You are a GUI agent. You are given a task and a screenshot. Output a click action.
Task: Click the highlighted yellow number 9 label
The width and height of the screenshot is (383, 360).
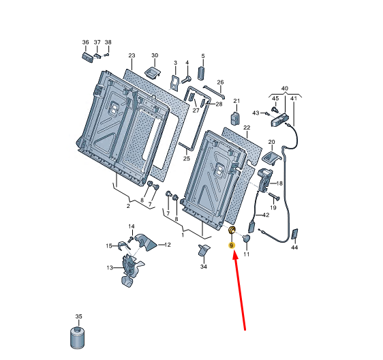point(231,245)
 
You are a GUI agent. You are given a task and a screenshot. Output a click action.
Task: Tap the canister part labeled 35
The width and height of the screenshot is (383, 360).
point(77,337)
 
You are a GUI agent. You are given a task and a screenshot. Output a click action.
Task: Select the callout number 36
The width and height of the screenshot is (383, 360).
point(85,42)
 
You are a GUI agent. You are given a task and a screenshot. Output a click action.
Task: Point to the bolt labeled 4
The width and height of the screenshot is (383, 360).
point(186,79)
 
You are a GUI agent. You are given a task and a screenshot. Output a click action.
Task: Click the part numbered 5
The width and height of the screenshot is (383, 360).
point(201,73)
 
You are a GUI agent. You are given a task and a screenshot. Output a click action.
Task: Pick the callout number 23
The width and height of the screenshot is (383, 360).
point(132,55)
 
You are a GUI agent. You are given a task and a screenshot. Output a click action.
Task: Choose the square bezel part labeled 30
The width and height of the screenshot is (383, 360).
point(153,72)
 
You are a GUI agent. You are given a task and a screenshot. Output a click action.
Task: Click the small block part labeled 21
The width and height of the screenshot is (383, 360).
point(235,118)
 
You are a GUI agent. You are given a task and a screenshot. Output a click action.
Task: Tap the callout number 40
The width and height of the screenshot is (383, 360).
point(285,88)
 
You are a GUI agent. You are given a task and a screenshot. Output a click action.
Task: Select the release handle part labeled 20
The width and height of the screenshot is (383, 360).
point(271,158)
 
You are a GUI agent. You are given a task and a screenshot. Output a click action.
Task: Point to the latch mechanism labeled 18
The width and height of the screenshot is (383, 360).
point(264,180)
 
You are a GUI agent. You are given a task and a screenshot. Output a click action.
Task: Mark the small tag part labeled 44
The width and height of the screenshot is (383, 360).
point(295,234)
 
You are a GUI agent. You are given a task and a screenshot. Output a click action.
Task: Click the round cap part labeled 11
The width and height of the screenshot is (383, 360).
point(246,238)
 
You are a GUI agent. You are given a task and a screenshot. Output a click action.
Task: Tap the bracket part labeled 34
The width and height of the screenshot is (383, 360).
point(204,250)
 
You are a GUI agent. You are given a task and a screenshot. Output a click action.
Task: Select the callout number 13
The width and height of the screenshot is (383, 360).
point(110,268)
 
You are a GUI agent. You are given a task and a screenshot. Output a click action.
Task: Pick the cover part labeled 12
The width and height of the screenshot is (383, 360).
point(146,242)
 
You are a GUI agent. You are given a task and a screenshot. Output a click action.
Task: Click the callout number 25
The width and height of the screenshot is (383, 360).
point(187,158)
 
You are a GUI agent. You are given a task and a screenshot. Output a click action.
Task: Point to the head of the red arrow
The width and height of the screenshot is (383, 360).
point(234,252)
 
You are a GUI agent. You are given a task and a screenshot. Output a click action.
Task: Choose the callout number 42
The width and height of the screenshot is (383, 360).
point(266,215)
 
